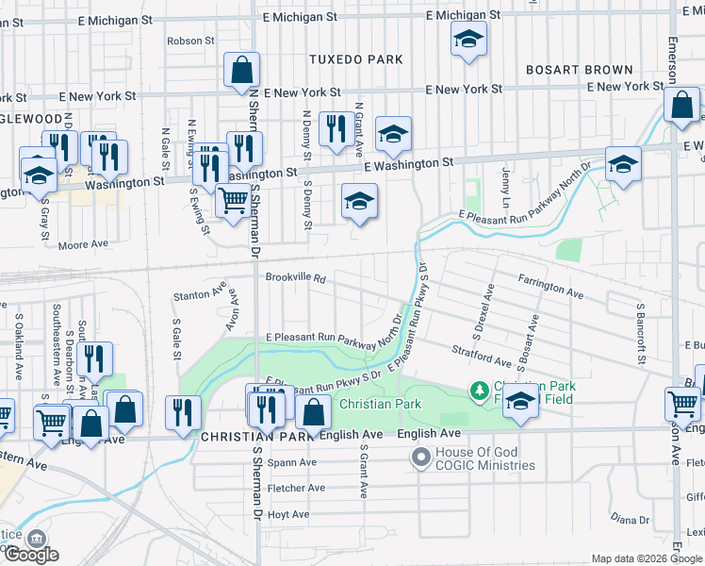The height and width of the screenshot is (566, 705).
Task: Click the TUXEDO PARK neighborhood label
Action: pos(356,59)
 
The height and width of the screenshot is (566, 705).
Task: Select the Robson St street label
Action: pos(191,41)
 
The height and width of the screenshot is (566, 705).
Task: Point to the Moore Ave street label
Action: pos(83,244)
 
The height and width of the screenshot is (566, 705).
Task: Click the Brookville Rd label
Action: pos(295,278)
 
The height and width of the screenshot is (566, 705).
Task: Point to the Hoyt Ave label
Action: pos(288,514)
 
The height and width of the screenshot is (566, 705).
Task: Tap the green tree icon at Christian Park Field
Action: pos(480,390)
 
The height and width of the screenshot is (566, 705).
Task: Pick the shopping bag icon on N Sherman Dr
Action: pos(241,70)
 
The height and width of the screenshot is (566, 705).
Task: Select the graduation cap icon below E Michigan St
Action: pos(467,40)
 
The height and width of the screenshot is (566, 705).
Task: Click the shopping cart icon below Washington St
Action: pos(233,200)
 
